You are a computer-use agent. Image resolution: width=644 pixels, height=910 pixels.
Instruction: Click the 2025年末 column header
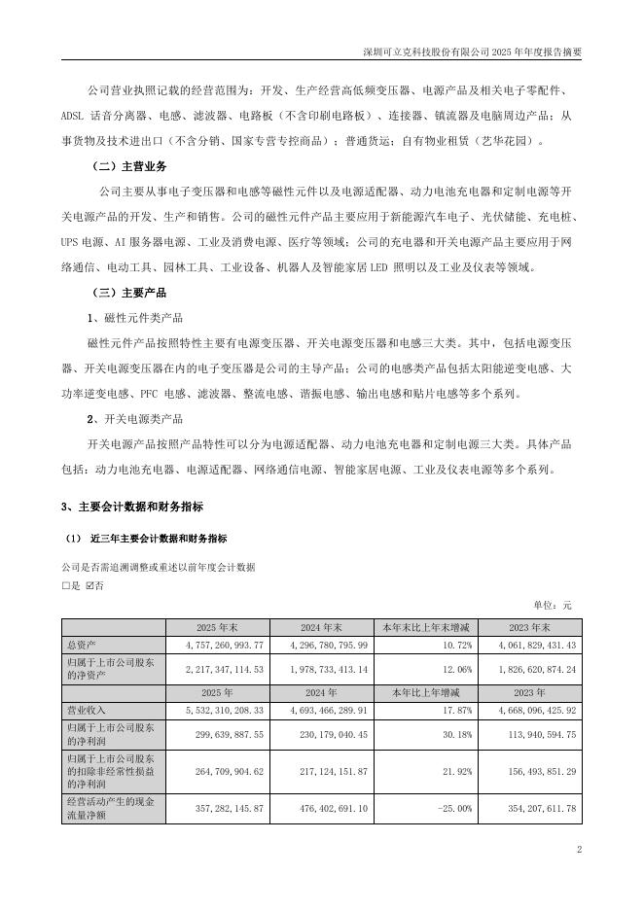point(218,627)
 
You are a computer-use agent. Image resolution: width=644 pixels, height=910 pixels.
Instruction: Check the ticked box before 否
point(89,586)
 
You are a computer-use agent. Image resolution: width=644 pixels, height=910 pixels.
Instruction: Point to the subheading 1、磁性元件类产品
point(135,318)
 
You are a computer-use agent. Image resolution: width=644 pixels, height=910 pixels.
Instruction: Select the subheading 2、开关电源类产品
point(135,419)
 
